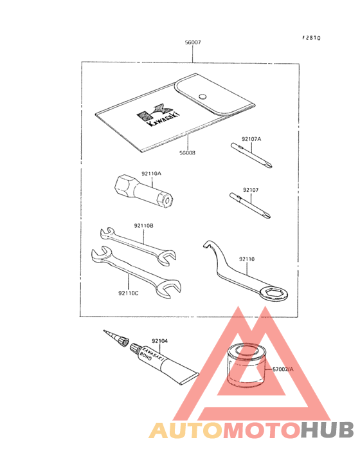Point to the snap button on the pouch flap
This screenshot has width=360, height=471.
point(202,97)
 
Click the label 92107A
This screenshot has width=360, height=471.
point(252,139)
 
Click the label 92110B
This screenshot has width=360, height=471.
point(143,226)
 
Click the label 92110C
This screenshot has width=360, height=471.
point(129,293)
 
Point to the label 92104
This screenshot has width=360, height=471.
point(160,341)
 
